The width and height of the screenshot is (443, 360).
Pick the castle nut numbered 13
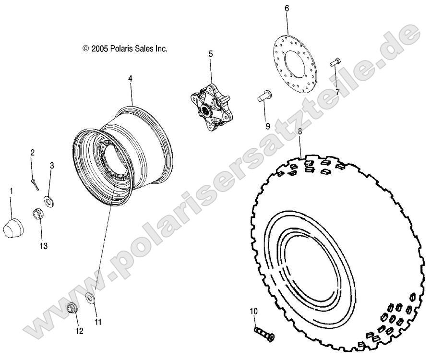point(38,213)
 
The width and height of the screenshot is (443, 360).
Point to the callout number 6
point(287,8)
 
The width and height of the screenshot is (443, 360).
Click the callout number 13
point(44,246)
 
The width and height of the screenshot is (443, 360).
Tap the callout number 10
point(253,312)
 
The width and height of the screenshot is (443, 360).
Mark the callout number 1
point(12,191)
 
